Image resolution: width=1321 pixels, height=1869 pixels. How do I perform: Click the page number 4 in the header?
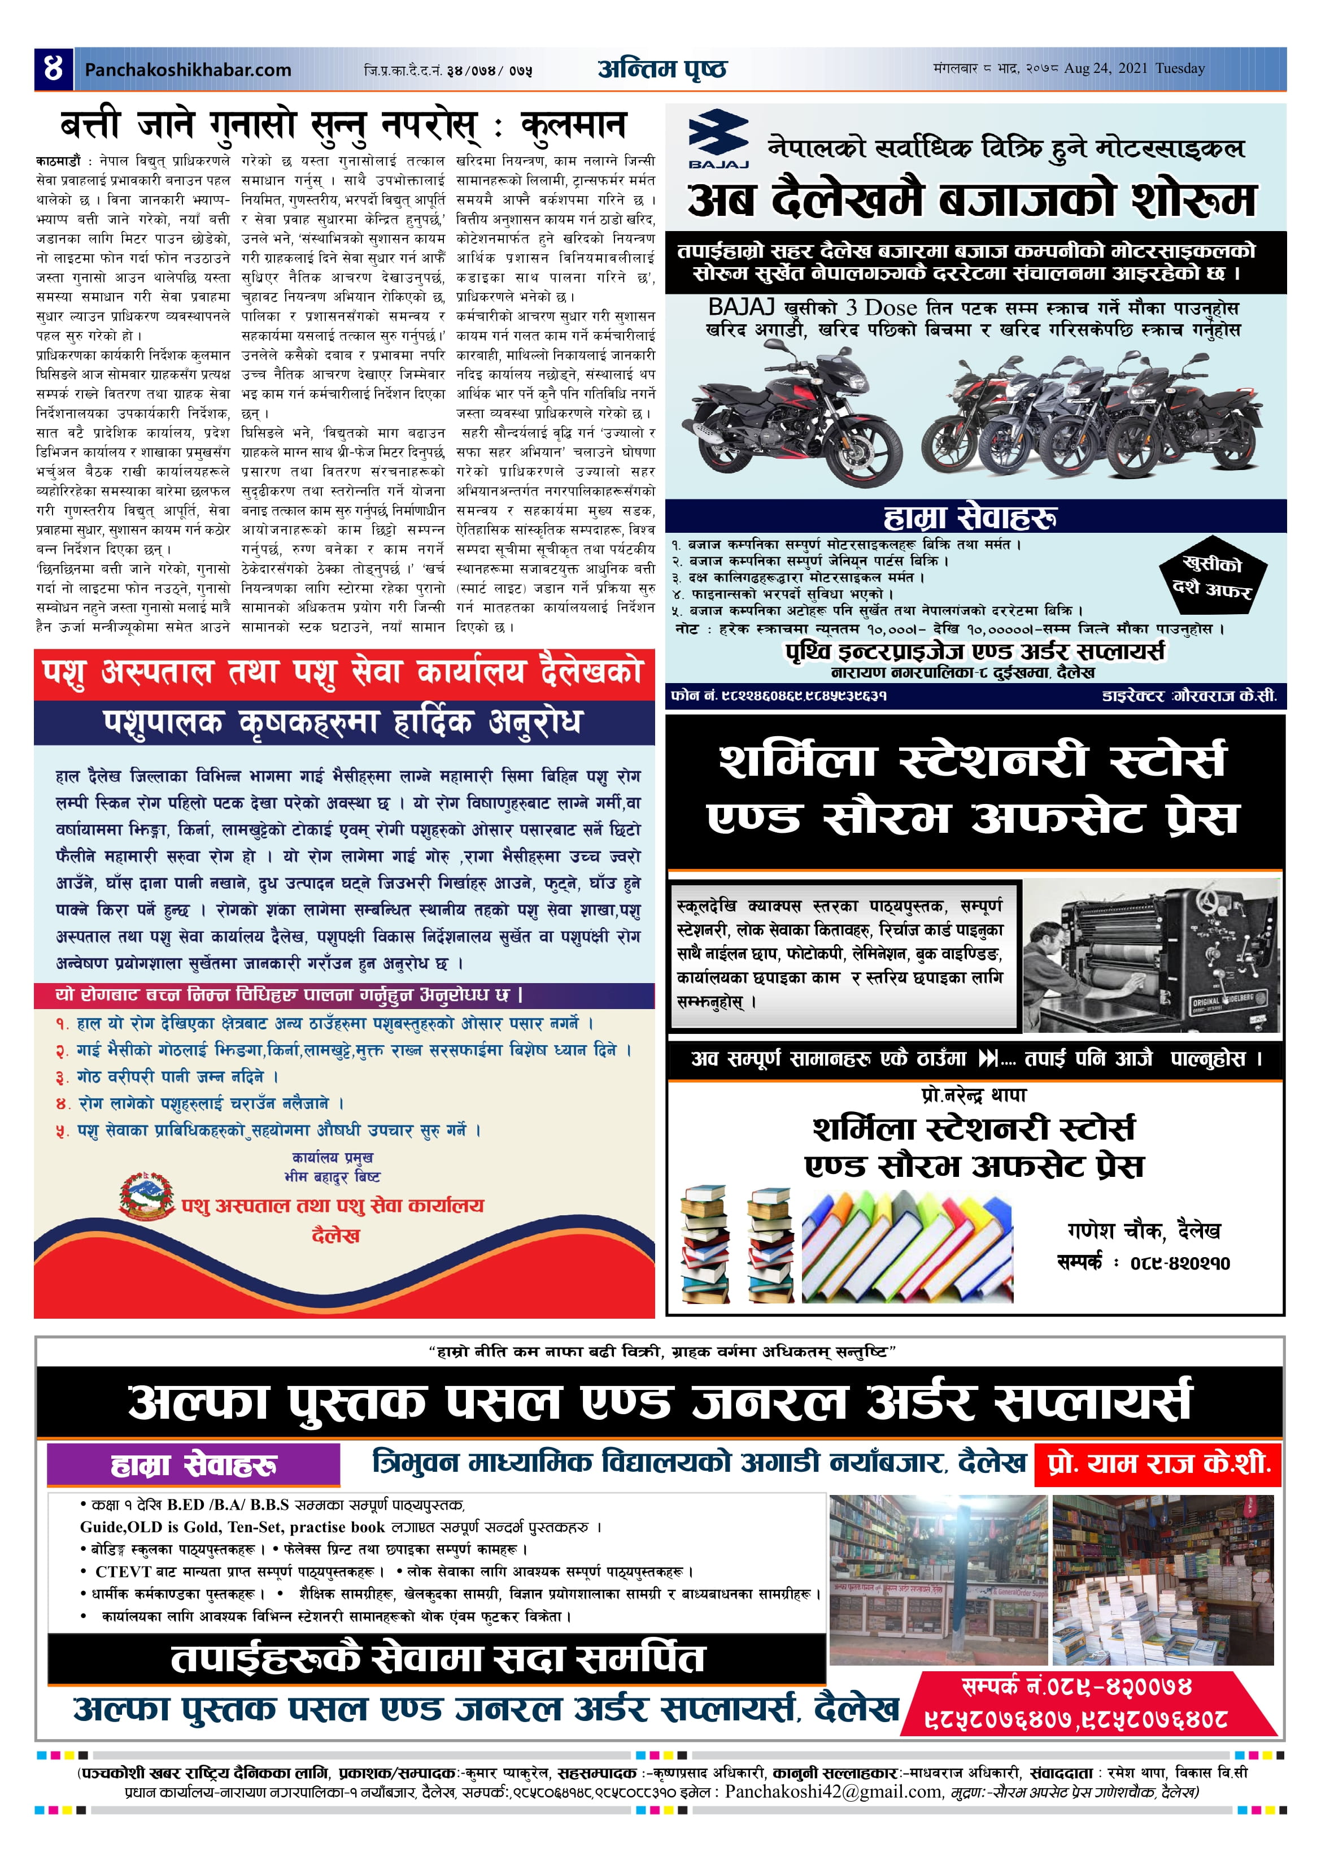pos(53,68)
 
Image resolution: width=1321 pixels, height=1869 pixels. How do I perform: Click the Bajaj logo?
pos(718,138)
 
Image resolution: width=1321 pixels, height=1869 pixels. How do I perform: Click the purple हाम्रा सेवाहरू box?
pos(193,1465)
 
